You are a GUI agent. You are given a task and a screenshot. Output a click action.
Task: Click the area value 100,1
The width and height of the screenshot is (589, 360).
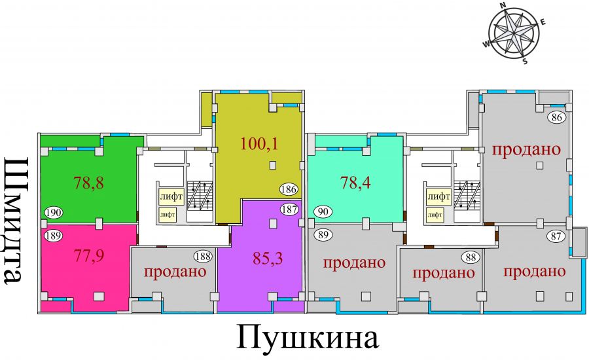[x=259, y=143]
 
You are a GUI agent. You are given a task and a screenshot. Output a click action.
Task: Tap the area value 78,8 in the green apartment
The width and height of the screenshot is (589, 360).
[x=88, y=183]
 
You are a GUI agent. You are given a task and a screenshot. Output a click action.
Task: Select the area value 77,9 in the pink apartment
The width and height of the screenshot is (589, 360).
[x=88, y=255]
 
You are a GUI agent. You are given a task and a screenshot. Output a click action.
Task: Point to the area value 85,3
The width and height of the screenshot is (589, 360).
[x=268, y=258]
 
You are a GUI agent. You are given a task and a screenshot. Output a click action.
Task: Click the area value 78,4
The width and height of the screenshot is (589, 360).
[x=355, y=183]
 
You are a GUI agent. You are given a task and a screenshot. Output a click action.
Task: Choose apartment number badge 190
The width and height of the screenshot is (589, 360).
[x=54, y=213]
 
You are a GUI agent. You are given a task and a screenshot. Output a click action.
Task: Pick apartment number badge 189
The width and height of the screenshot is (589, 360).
[x=54, y=236]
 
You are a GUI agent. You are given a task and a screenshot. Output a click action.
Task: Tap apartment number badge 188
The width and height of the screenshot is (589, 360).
[x=204, y=257]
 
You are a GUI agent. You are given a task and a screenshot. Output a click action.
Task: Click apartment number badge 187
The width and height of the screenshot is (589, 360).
[x=289, y=209]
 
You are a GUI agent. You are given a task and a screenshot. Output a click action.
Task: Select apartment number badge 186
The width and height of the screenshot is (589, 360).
[x=289, y=189]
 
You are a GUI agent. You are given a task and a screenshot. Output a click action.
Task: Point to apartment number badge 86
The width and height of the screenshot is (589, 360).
[x=557, y=117]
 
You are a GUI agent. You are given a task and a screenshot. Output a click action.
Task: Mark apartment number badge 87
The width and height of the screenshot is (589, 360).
[x=556, y=236]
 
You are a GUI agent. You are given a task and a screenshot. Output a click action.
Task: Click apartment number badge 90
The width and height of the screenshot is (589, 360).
[x=323, y=211]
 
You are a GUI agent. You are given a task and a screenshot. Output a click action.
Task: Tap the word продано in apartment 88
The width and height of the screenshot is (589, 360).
[x=444, y=273]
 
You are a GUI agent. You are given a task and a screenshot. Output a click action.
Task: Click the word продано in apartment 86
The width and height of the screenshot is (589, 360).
[x=527, y=149]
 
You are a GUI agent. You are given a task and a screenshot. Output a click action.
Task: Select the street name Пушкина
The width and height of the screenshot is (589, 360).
[x=308, y=336]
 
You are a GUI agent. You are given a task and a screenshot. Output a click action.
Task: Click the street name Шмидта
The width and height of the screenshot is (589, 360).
[x=17, y=221]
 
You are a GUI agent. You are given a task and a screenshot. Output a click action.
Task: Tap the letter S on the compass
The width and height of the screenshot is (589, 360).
[x=525, y=62]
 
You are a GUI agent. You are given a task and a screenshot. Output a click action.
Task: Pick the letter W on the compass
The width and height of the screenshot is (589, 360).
[x=486, y=45]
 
